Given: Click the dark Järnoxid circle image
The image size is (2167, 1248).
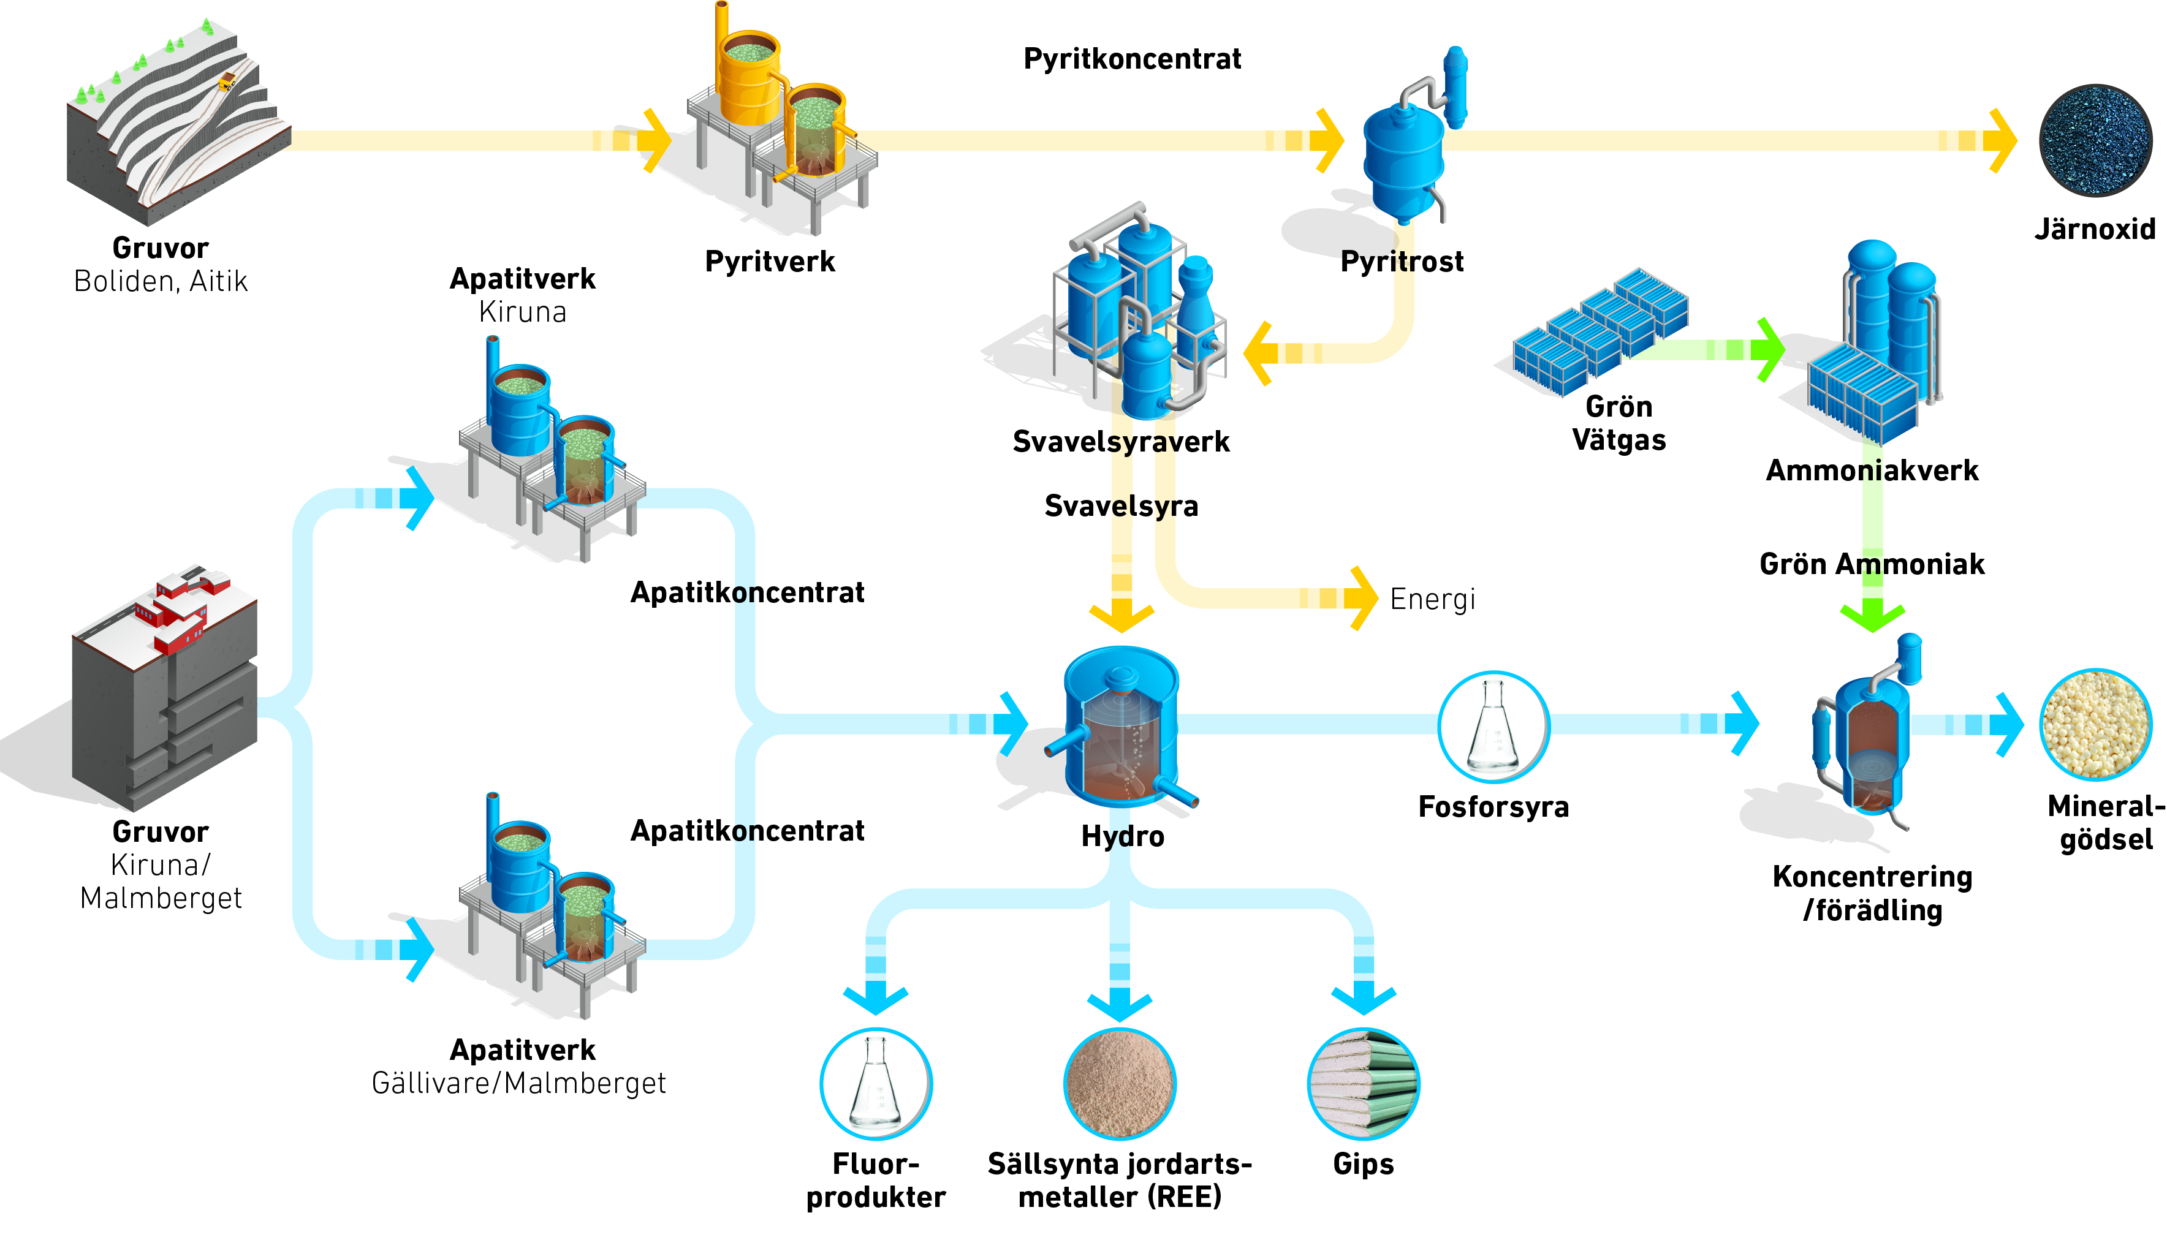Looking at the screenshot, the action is tap(2095, 140).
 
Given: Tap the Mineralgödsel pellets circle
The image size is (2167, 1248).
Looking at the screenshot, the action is tap(2096, 724).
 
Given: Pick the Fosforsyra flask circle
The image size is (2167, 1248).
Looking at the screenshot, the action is tap(1493, 727).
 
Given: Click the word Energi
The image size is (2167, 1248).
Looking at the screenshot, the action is tap(1432, 599).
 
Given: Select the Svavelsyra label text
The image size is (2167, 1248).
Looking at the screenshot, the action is tap(1121, 505).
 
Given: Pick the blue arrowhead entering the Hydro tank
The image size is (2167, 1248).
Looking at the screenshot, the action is tap(1012, 724).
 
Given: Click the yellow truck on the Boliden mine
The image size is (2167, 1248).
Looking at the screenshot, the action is tap(227, 81).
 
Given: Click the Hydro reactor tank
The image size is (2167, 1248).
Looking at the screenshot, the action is tap(1121, 727).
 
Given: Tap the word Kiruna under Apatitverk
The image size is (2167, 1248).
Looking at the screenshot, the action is tap(523, 312).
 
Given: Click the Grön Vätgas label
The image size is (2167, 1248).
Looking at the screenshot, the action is tap(1619, 423).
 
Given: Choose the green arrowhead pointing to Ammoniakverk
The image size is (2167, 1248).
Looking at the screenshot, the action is tap(1769, 350).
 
